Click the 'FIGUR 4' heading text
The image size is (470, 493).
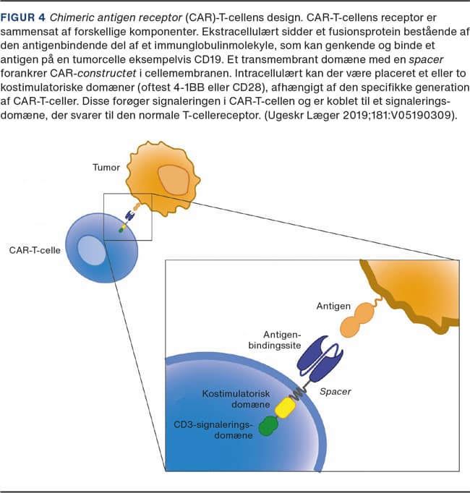click(23, 17)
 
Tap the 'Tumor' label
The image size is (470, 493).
click(106, 167)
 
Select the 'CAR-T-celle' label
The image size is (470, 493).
click(35, 250)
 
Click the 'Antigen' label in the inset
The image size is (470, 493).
click(333, 306)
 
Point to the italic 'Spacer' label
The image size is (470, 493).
click(335, 392)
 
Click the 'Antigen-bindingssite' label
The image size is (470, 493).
click(275, 340)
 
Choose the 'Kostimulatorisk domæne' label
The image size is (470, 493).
click(236, 399)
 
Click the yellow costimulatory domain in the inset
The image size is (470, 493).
click(285, 408)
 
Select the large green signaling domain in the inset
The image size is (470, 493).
click(268, 426)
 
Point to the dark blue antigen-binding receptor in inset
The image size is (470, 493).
click(320, 358)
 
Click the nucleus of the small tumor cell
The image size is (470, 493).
click(174, 180)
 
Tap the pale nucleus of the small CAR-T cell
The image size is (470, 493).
click(91, 251)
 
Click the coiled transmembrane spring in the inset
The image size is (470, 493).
click(298, 393)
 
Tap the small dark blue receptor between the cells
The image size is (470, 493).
click(129, 215)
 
